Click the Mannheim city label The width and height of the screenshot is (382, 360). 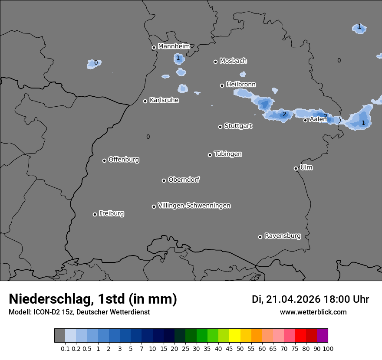tap(174, 46)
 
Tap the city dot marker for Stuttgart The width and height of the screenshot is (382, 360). tap(220, 127)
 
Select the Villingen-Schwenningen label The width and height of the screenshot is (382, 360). tap(194, 206)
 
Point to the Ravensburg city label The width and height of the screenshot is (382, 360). tap(282, 236)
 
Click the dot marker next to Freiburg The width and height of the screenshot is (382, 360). tap(95, 214)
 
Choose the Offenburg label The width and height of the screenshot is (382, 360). tap(123, 160)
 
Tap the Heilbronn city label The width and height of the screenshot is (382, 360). tap(240, 84)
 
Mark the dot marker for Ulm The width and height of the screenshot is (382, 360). tap(296, 168)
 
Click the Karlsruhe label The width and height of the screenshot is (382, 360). tap(164, 100)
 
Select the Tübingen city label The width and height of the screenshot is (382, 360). tap(227, 154)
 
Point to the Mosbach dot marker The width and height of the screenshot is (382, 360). tap(215, 62)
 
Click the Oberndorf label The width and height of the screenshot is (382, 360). tap(184, 180)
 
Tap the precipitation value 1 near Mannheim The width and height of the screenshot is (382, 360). tap(178, 58)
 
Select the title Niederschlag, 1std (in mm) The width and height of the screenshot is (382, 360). tap(92, 299)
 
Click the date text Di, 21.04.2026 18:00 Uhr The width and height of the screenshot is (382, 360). tap(310, 299)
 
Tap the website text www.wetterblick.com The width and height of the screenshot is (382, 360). tap(313, 312)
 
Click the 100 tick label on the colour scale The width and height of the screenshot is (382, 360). tap(328, 348)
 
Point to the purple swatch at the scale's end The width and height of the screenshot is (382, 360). tap(322, 335)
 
